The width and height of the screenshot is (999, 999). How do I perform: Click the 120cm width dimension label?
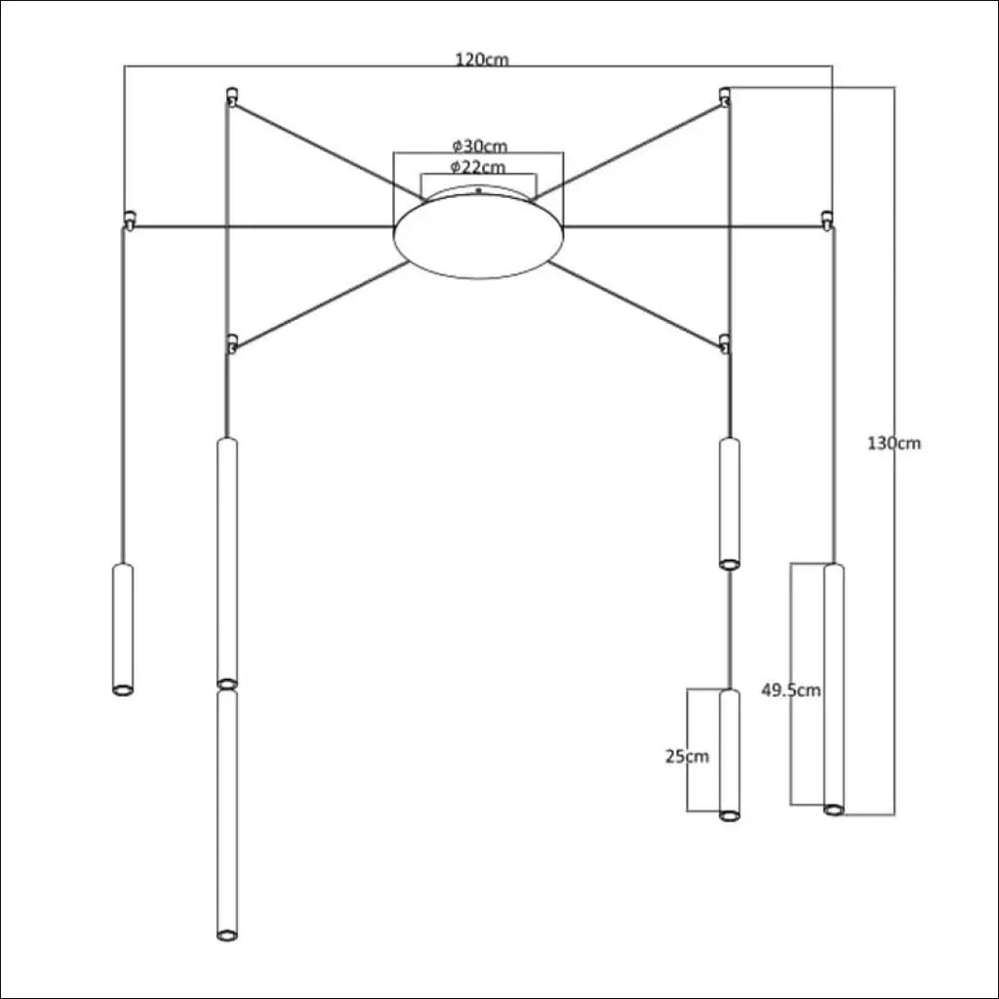[482, 60]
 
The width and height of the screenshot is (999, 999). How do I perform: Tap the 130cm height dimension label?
[894, 443]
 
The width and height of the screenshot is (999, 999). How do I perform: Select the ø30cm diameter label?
[480, 146]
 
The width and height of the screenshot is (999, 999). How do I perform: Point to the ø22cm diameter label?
[478, 168]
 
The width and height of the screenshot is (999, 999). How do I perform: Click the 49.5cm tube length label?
[791, 690]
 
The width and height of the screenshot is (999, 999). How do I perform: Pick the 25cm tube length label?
[687, 756]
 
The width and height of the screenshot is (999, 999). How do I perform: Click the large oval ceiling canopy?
[478, 236]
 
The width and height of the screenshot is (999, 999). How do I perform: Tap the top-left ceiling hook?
[232, 97]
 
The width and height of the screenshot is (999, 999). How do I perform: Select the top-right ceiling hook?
[725, 97]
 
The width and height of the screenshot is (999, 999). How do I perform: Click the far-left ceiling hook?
[129, 220]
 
